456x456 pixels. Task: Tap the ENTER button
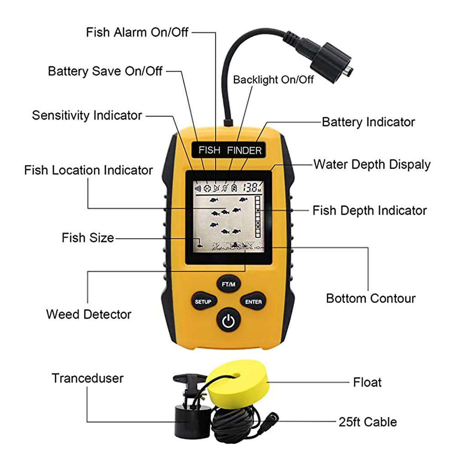253,301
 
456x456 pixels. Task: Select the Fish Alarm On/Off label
137,32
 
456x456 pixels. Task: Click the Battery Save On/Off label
105,71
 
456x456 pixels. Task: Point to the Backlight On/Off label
274,79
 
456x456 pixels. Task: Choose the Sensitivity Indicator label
87,115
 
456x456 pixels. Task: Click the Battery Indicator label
368,122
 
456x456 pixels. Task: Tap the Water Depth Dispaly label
372,164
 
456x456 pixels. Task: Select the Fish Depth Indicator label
369,210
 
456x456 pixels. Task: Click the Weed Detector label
88,314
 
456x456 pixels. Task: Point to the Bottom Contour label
371,299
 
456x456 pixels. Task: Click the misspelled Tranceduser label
88,378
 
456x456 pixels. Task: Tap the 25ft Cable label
368,422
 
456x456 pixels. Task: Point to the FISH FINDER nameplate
230,150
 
